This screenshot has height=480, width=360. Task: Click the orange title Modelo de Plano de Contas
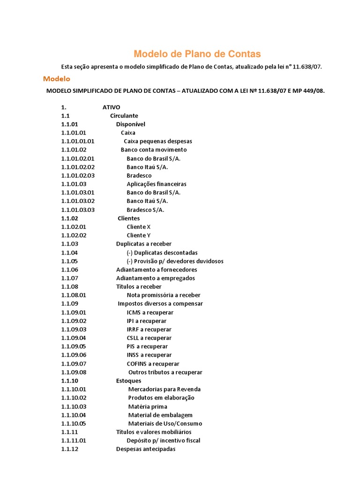click(197, 54)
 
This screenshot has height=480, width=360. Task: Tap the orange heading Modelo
click(56, 79)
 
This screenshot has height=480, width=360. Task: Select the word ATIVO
click(111, 107)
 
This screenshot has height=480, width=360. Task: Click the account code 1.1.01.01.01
click(78, 141)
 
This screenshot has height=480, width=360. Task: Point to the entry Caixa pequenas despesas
click(157, 141)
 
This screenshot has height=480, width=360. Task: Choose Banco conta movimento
click(153, 150)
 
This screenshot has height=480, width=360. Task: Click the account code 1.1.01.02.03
click(78, 175)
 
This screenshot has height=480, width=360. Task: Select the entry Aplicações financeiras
click(156, 184)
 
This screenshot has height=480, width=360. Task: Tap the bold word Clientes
click(128, 218)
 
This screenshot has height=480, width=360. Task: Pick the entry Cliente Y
click(139, 235)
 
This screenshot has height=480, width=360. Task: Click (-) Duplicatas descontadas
click(162, 253)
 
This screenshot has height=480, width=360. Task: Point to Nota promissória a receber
click(163, 295)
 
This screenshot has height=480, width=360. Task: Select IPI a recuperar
click(146, 321)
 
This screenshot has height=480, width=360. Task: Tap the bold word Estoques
click(128, 381)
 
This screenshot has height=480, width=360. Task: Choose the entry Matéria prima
click(148, 406)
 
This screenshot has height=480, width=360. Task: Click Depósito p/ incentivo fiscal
click(163, 441)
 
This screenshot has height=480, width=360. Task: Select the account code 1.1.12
click(69, 449)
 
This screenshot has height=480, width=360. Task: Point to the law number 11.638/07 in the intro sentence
click(307, 67)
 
